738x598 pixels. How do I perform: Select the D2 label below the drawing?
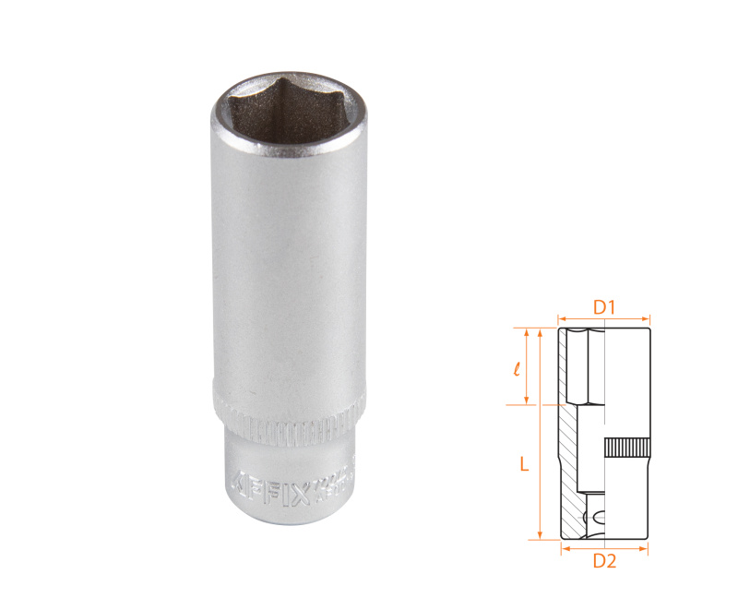pos(603,560)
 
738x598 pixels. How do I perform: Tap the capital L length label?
pos(524,466)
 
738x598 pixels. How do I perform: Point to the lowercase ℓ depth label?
pos(517,367)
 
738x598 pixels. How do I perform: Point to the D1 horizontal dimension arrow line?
pos(603,320)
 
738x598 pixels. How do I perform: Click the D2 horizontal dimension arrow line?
pos(603,548)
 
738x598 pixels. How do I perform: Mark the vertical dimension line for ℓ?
pos(527,366)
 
